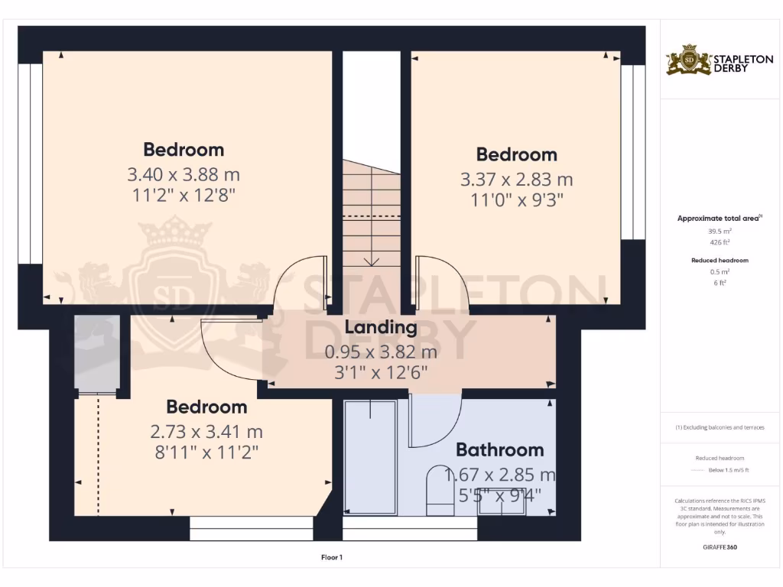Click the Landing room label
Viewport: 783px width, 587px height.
(x=381, y=328)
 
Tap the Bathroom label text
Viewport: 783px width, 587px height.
(x=499, y=449)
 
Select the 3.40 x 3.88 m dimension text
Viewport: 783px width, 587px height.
(x=184, y=174)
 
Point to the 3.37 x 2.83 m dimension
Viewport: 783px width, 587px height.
(x=516, y=180)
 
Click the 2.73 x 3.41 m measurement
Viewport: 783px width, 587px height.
(x=206, y=432)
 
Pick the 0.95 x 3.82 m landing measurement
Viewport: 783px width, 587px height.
(x=381, y=352)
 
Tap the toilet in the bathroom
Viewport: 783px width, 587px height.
(x=439, y=489)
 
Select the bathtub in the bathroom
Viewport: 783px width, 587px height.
(x=370, y=456)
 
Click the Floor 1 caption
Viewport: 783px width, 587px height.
(x=332, y=557)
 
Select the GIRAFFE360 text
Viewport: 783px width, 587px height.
(x=719, y=547)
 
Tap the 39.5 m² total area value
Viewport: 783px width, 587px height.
(x=719, y=230)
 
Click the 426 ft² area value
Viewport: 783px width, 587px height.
(x=719, y=242)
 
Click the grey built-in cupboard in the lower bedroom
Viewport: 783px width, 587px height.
(x=97, y=353)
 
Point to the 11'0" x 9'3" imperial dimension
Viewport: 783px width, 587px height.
(x=516, y=200)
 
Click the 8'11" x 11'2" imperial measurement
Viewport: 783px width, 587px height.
(x=206, y=452)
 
